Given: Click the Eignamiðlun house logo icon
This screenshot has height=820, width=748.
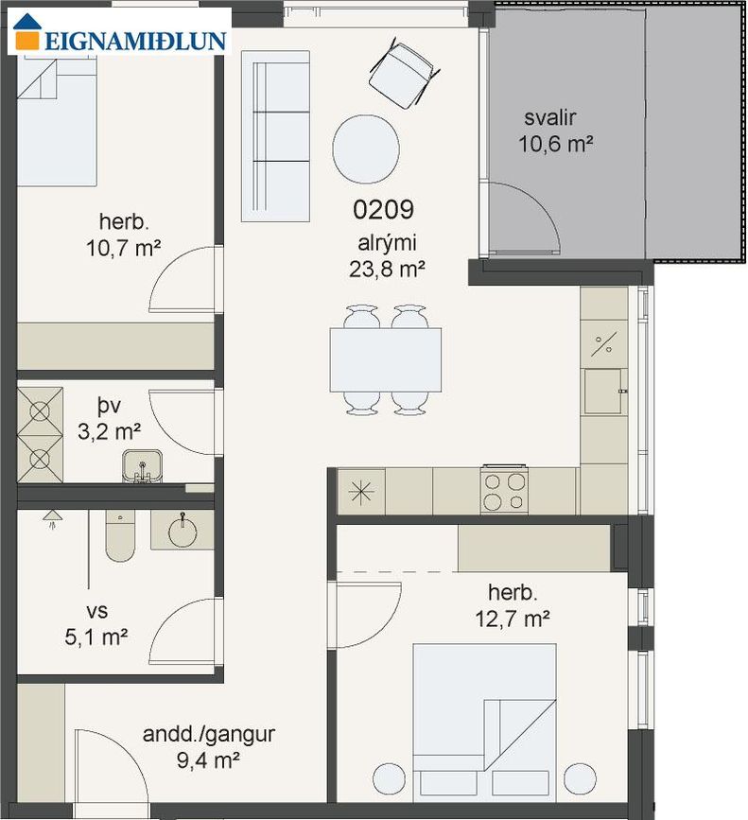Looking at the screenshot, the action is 26,32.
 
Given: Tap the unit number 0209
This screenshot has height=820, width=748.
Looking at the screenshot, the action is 383,209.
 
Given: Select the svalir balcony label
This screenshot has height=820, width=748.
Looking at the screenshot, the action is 550,117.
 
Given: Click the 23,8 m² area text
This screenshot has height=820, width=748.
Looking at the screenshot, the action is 386,269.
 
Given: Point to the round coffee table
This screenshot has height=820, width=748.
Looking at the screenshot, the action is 366,149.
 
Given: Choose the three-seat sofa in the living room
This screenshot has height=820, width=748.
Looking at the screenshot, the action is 275,136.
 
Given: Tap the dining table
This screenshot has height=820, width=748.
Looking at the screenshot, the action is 385,359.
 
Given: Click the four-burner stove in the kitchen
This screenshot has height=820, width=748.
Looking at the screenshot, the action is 504,490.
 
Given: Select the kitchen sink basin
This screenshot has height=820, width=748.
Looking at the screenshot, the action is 602,392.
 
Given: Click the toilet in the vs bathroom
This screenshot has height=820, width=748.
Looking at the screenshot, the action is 120,535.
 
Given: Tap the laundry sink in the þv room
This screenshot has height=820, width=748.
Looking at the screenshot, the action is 142,466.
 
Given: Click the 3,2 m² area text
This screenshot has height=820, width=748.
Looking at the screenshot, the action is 109,432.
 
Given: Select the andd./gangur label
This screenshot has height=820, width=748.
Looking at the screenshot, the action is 209,734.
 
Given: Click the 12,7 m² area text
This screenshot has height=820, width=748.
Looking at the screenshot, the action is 513,619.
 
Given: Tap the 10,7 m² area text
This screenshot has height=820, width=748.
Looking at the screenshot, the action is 123,248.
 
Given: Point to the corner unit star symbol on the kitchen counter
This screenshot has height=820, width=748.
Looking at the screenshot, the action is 361,492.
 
